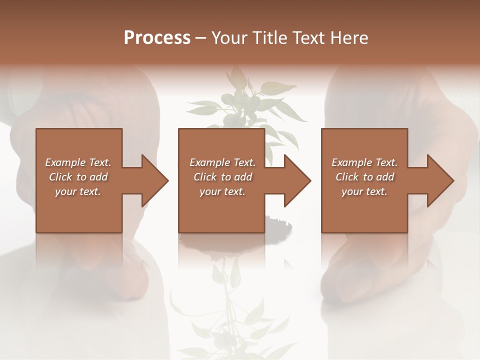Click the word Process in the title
[157, 38]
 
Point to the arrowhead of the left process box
[155, 181]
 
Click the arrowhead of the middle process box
[297, 181]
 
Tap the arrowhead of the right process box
[440, 181]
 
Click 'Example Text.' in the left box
[78, 162]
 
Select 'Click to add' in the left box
[78, 177]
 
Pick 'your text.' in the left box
[78, 191]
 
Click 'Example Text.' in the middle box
[222, 162]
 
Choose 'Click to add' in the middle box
[222, 177]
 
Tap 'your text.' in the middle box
[222, 191]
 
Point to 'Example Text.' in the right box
[364, 162]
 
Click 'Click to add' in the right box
[364, 177]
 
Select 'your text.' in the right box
[364, 191]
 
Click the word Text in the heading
[306, 38]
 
